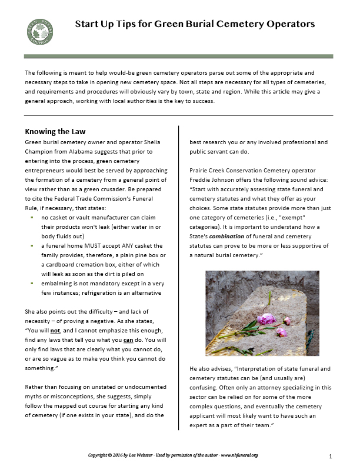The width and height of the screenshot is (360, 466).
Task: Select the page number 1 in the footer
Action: (331, 456)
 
